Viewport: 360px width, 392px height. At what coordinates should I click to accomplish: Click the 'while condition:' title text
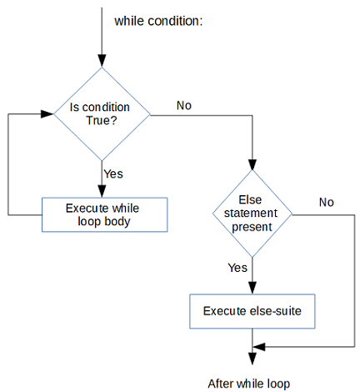tap(158, 20)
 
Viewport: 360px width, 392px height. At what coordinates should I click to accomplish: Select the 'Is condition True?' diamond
tap(102, 113)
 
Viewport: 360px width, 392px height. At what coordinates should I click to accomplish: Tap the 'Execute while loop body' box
tap(105, 214)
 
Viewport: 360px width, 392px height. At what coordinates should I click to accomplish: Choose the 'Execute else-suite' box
tap(252, 311)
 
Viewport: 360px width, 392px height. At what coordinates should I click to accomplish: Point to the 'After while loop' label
tap(250, 384)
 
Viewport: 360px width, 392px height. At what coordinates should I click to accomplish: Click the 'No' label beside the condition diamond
tap(184, 105)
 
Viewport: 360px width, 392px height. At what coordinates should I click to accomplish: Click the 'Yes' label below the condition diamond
tap(114, 174)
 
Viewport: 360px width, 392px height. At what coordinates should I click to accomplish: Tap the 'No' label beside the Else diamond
tap(327, 203)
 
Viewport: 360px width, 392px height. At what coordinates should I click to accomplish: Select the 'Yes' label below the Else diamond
tap(237, 268)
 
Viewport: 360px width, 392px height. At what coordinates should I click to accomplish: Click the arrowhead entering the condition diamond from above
tap(102, 61)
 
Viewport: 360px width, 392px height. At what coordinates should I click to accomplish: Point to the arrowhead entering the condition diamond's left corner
tap(47, 113)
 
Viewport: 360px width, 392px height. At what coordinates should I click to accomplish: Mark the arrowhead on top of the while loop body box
tap(102, 190)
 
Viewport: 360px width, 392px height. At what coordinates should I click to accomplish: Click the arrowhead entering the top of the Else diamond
tap(251, 163)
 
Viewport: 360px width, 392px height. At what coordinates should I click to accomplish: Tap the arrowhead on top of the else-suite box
tap(251, 287)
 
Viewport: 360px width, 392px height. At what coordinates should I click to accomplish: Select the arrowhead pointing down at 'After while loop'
tap(251, 358)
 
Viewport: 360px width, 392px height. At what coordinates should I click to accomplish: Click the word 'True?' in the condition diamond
tap(102, 120)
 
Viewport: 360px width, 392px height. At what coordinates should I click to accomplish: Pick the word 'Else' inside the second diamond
tap(250, 200)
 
